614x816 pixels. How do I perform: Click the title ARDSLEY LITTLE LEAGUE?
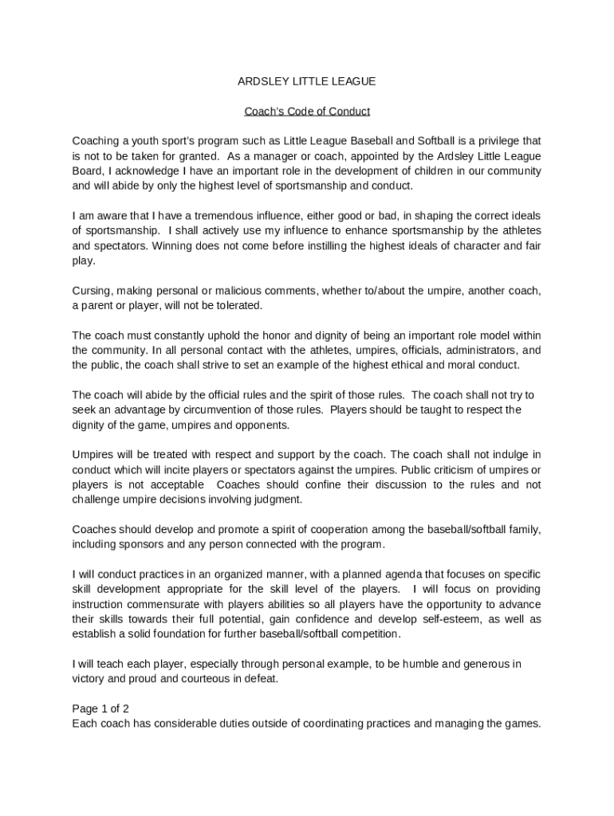[307, 81]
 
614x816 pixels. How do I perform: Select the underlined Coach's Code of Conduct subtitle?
[307, 112]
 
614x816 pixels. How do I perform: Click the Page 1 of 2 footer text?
[100, 708]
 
